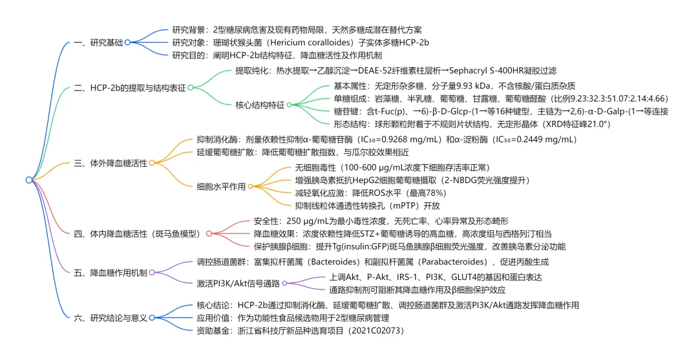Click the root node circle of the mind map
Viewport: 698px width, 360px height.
pos(28,180)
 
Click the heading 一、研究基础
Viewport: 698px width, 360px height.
pos(99,42)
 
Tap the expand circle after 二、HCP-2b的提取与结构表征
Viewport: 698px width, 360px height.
pos(191,87)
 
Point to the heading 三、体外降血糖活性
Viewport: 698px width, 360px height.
pos(111,163)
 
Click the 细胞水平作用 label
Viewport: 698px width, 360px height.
pos(221,187)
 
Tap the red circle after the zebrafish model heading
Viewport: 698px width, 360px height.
pos(209,233)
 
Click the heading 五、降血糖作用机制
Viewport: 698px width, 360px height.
pos(111,273)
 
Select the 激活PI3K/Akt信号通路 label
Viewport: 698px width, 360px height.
pos(238,282)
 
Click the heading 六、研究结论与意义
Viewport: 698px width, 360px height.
pos(111,318)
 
